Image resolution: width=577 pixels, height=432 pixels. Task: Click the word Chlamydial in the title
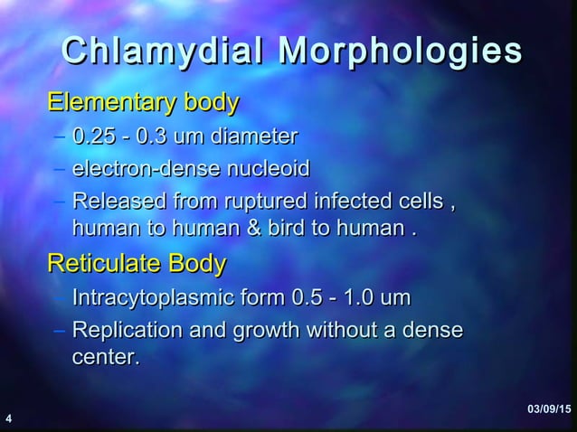coord(162,52)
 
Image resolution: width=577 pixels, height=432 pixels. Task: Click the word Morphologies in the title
coord(401,52)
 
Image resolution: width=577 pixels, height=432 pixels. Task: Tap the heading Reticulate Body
coord(137,264)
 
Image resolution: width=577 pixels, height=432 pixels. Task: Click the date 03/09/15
coord(549,412)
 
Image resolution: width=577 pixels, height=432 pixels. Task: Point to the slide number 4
coord(8,419)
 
